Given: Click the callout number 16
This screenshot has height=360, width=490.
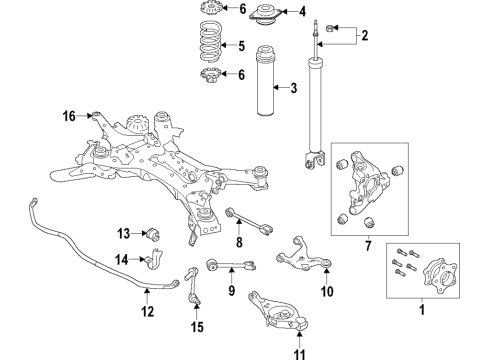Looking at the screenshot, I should (69, 117).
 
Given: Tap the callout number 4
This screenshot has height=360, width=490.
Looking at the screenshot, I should (304, 12).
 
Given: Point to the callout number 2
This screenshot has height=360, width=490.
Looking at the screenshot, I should (365, 37).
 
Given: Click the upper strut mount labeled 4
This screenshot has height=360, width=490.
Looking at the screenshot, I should (268, 13).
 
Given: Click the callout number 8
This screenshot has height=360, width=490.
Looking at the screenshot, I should (238, 242).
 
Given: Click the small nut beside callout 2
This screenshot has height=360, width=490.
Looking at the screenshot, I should (330, 27).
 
